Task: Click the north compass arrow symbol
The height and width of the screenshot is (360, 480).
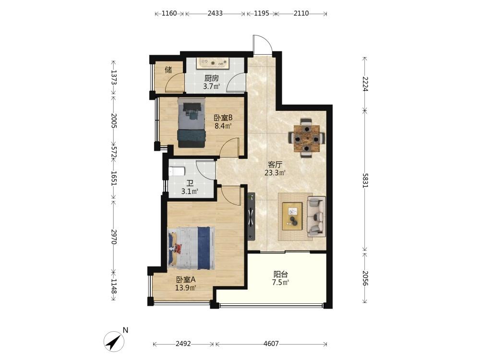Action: [x=114, y=341]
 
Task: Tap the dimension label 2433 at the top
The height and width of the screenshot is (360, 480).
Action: [x=215, y=13]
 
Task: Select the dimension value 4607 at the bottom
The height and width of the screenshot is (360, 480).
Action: [x=271, y=344]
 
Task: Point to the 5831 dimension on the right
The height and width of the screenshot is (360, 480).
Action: [x=365, y=180]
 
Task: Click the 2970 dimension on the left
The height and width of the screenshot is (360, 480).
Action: [x=114, y=237]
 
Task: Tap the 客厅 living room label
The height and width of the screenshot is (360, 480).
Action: [x=275, y=165]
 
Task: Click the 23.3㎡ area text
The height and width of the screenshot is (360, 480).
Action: [x=275, y=173]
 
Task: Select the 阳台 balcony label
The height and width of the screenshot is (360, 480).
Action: [x=280, y=274]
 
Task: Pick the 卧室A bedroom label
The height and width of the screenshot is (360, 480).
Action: [x=185, y=279]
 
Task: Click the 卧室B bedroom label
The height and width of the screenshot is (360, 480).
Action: [x=223, y=118]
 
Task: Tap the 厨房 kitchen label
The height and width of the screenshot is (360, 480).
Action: [x=212, y=78]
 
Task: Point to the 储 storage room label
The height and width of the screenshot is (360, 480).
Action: [x=168, y=70]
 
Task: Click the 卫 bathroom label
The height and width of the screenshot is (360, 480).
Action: [x=190, y=184]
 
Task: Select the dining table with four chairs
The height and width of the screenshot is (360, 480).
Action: [x=307, y=138]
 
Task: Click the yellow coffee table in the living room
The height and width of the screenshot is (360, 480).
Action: [x=292, y=216]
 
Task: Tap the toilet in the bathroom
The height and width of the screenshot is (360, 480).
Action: [x=177, y=171]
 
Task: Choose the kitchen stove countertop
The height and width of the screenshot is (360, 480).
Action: [x=213, y=63]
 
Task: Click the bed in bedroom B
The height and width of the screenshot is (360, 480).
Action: [x=192, y=122]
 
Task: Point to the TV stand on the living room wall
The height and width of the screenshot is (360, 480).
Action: [x=252, y=216]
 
